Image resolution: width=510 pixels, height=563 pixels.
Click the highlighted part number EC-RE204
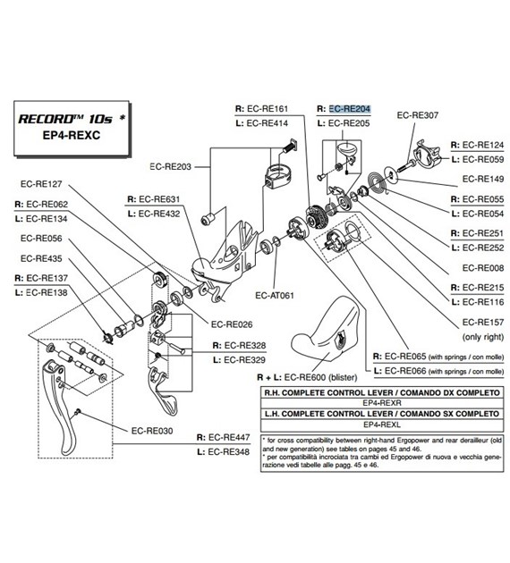pyautogui.click(x=350, y=107)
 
